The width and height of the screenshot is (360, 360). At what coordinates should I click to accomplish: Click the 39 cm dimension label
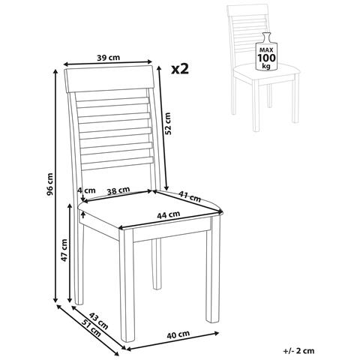(109, 58)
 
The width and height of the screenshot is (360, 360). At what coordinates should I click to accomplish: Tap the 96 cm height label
(50, 184)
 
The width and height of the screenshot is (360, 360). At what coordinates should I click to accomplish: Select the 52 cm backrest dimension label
(168, 124)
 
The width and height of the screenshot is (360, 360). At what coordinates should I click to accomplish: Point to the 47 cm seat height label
(64, 250)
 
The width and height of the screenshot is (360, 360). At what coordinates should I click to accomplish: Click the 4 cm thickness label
(86, 190)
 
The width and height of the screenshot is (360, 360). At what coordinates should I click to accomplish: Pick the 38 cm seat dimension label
(118, 190)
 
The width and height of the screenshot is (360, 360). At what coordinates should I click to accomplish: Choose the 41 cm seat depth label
(190, 196)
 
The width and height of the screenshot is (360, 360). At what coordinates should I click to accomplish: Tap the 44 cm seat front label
(169, 214)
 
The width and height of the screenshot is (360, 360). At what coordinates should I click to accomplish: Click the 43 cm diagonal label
(99, 321)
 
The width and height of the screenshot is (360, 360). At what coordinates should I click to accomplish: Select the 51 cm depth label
(91, 328)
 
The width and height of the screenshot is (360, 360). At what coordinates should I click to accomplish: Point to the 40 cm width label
(178, 334)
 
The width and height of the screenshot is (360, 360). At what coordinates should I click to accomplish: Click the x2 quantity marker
(180, 69)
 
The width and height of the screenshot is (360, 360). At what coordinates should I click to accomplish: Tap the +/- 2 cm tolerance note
(298, 351)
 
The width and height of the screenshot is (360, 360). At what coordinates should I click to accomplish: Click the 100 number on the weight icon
(267, 58)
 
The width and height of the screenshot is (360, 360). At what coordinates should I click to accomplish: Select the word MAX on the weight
(267, 49)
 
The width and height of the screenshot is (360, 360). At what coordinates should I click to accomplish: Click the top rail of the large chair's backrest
(109, 79)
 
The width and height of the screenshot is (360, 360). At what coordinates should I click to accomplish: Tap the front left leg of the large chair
(127, 285)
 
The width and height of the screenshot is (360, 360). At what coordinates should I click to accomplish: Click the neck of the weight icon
(266, 37)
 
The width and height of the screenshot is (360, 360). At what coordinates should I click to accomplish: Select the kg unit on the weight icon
(266, 66)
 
